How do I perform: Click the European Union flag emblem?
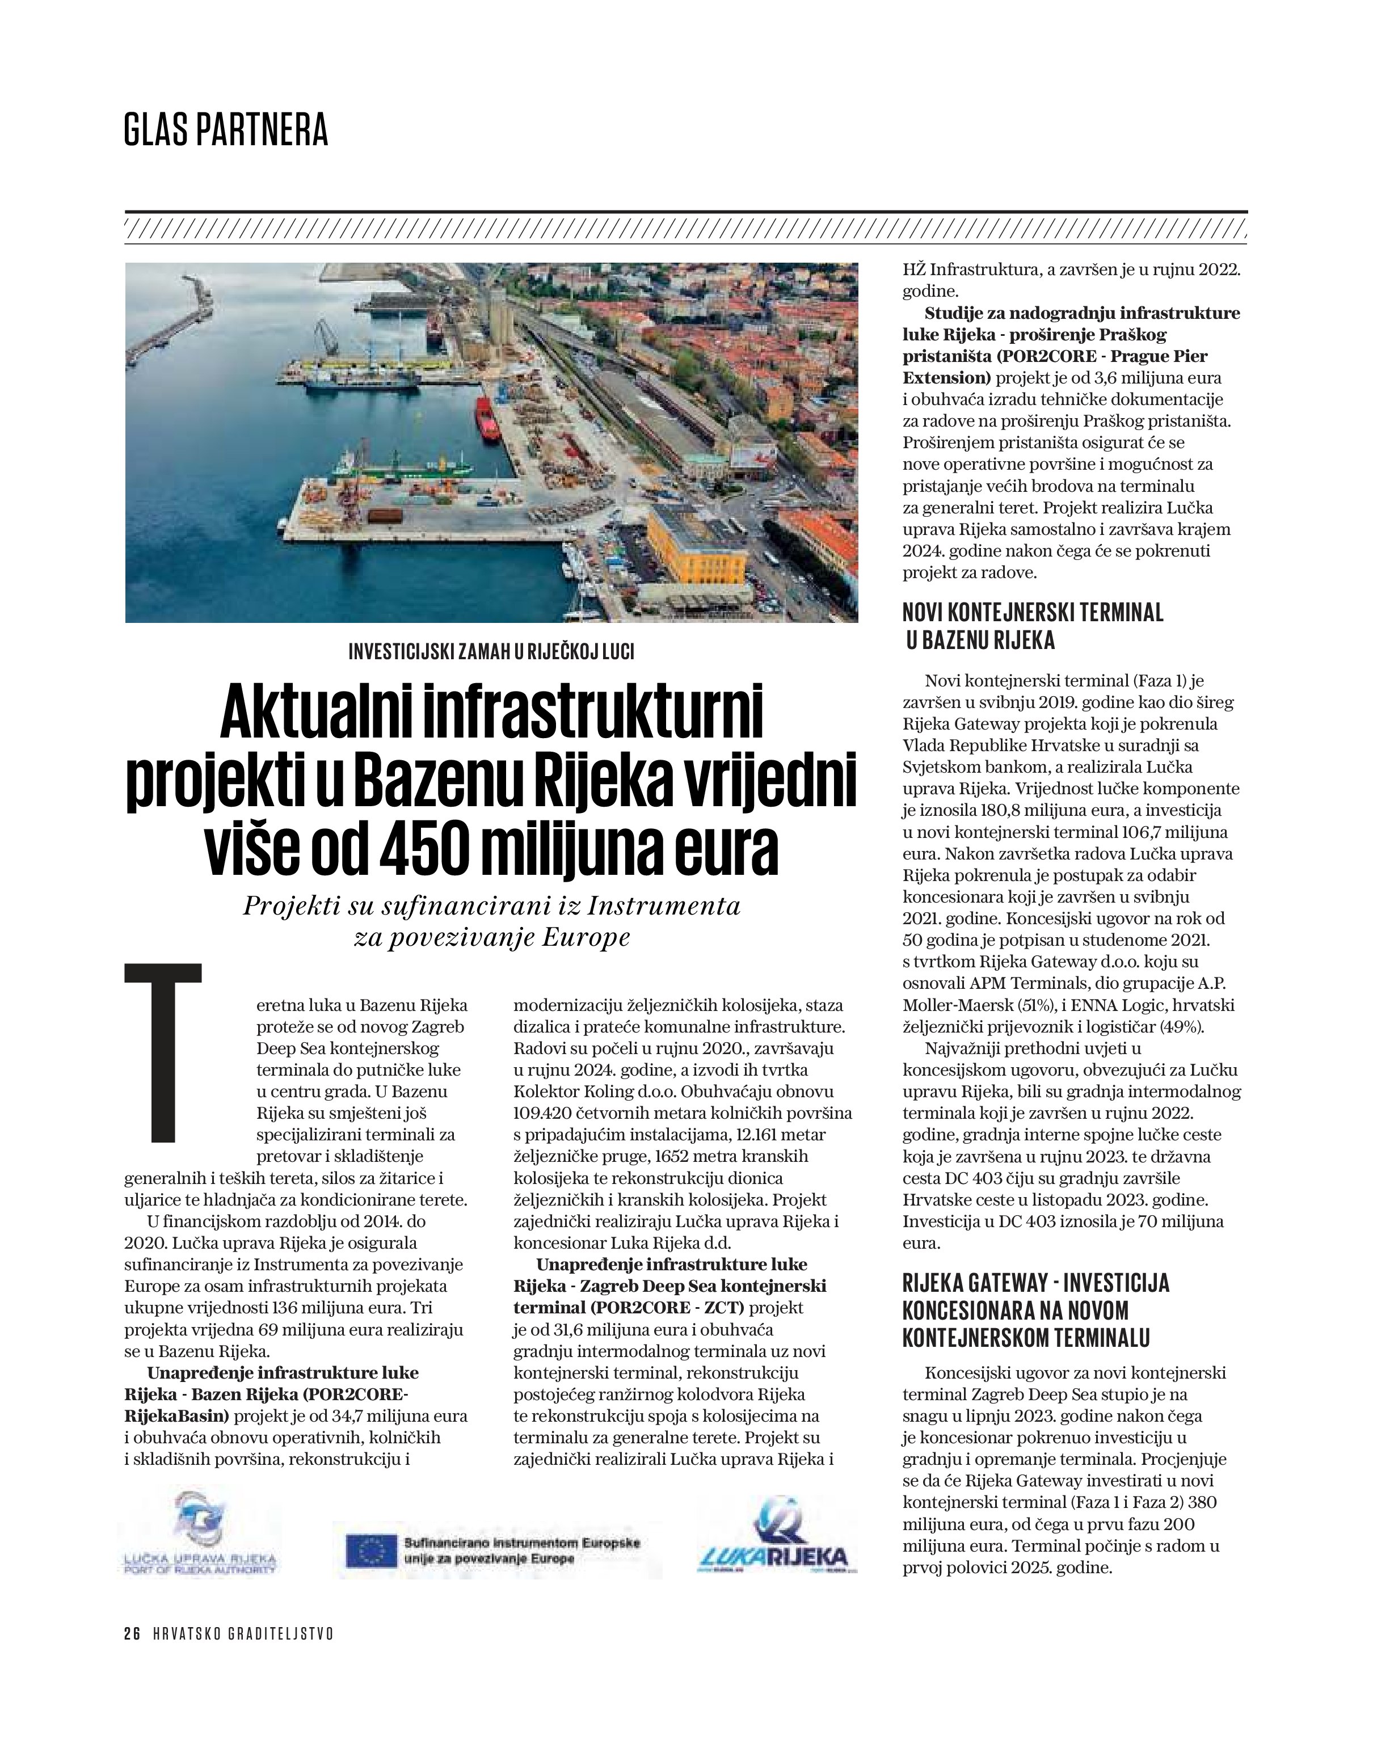pyautogui.click(x=371, y=1551)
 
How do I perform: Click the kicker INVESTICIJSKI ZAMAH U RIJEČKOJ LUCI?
pyautogui.click(x=491, y=652)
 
